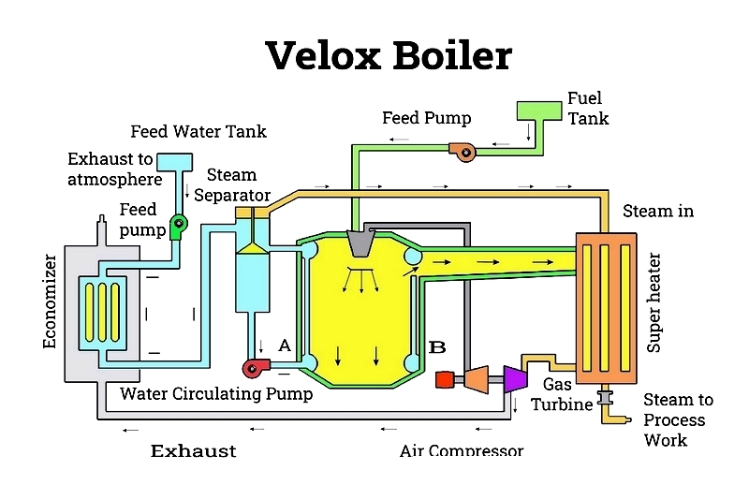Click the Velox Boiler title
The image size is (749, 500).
[x=389, y=55]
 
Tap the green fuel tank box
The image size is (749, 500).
[x=539, y=110]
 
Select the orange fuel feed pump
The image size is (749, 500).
[x=463, y=152]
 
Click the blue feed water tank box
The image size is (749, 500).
[x=175, y=162]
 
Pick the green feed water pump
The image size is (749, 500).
[x=178, y=227]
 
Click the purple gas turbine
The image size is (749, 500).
[x=516, y=379]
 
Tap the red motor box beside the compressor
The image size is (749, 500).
[x=445, y=379]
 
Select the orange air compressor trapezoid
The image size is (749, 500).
[x=477, y=379]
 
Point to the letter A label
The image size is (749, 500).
[x=285, y=345]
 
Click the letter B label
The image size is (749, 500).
[x=437, y=346]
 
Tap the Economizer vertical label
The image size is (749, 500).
[x=50, y=301]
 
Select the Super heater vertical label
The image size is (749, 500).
[x=654, y=302]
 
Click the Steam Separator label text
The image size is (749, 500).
[x=232, y=184]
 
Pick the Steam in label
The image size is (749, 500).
[x=658, y=211]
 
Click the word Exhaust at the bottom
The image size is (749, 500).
[x=194, y=450]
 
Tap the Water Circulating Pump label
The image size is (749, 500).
[x=216, y=393]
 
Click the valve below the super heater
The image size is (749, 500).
[x=605, y=398]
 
